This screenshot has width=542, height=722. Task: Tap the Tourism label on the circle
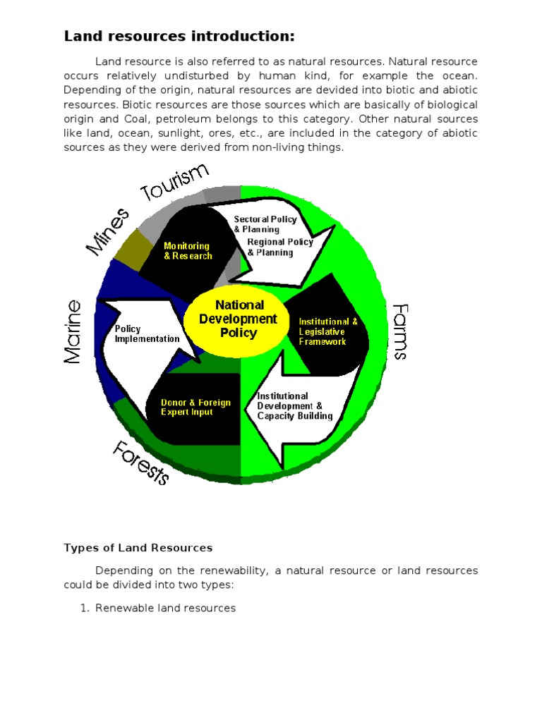click(x=176, y=182)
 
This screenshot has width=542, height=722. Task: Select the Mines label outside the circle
click(x=108, y=232)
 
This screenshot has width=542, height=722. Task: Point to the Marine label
click(x=73, y=331)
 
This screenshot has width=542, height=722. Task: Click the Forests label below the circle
click(x=141, y=462)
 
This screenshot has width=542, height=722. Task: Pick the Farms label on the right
click(x=399, y=331)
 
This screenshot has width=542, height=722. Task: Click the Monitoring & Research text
click(x=188, y=251)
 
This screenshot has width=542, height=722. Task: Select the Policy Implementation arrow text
click(x=147, y=334)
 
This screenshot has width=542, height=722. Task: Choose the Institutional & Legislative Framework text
click(x=328, y=331)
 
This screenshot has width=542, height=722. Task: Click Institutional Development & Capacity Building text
click(x=294, y=406)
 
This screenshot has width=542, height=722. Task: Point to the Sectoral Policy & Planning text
click(x=265, y=224)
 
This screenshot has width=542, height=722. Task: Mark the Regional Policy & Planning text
click(x=279, y=247)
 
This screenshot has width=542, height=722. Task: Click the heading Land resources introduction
click(x=179, y=36)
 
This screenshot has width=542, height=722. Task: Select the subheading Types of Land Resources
click(x=138, y=548)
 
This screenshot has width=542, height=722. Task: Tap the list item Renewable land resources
click(x=165, y=608)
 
